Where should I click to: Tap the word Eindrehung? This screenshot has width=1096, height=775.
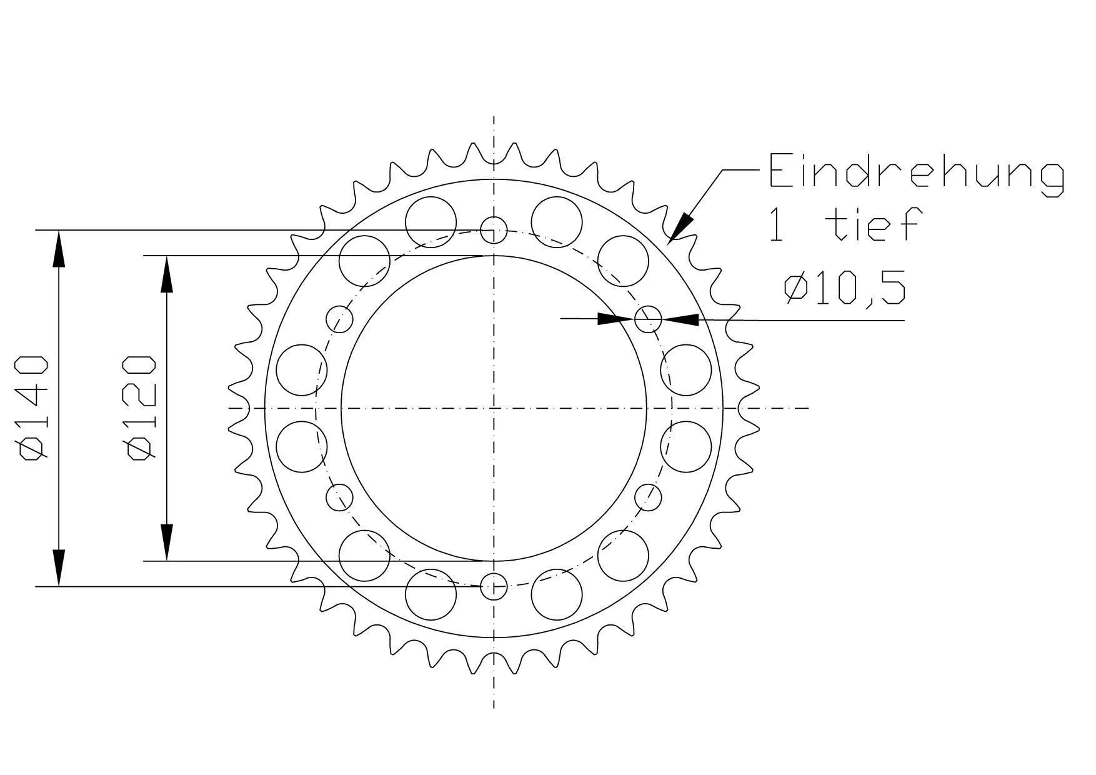pos(915,171)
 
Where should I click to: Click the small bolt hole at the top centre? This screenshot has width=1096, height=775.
pos(494,230)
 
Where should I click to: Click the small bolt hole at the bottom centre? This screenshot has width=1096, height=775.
pos(494,586)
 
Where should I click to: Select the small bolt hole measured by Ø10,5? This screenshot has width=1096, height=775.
pos(648,319)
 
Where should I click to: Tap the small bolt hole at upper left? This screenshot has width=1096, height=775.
pos(339,319)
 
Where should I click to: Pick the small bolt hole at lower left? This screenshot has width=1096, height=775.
pos(340,497)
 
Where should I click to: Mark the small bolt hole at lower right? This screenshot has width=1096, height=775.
pos(648,497)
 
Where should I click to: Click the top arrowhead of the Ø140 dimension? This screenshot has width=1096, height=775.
pos(59,247)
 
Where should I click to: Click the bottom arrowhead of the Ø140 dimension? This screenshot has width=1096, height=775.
pos(59,569)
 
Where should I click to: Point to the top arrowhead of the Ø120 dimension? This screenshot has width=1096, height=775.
pos(166,273)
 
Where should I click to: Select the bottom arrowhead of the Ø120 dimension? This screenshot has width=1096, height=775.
pos(166,542)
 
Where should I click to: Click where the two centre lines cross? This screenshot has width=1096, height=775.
pos(494,408)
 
